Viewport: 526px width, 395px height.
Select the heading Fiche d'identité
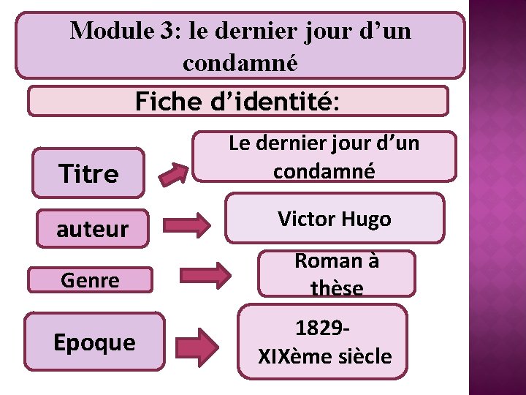237,102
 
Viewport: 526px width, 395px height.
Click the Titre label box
88,173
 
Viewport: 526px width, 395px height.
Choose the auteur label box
92,229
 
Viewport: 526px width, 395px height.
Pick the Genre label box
91,279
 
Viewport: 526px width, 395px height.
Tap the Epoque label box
94,342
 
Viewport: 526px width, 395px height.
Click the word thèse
336,289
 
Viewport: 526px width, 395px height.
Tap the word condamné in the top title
240,63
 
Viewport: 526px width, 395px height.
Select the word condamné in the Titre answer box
324,170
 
